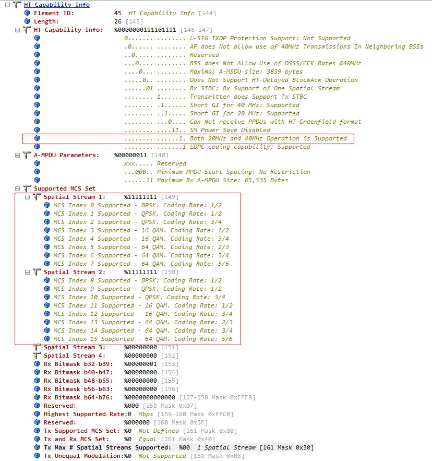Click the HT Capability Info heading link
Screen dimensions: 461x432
point(57,5)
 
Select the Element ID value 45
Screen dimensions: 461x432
point(118,13)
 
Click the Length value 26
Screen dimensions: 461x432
point(118,21)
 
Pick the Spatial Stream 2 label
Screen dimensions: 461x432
point(74,272)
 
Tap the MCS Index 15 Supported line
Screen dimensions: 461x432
point(142,339)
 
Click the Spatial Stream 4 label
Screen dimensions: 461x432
point(74,356)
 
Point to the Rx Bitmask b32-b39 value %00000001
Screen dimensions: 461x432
point(140,364)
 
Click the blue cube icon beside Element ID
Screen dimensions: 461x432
point(27,13)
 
